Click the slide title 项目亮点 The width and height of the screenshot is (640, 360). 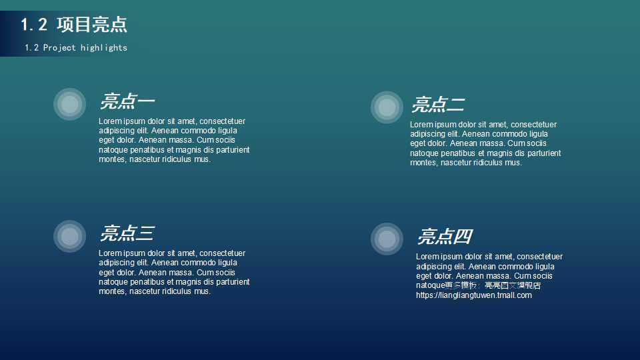point(92,25)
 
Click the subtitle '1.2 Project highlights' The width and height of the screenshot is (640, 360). point(75,48)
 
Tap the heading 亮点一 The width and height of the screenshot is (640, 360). point(127,101)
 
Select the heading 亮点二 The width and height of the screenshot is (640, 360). point(438,105)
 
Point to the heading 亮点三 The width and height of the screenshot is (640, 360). point(127,233)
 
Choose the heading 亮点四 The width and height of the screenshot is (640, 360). point(445,237)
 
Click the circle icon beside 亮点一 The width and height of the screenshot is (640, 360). point(69,104)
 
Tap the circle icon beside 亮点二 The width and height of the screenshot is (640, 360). point(387,107)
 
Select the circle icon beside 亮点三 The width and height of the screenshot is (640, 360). point(69,236)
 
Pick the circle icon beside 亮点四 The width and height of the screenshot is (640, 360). point(387,239)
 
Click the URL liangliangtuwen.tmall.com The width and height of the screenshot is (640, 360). point(474,295)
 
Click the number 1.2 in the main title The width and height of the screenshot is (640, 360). point(34,25)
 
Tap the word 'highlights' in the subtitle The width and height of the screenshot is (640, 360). point(103,48)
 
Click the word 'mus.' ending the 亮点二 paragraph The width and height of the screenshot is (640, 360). point(513,163)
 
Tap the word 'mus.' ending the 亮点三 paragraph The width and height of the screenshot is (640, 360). point(202,291)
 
